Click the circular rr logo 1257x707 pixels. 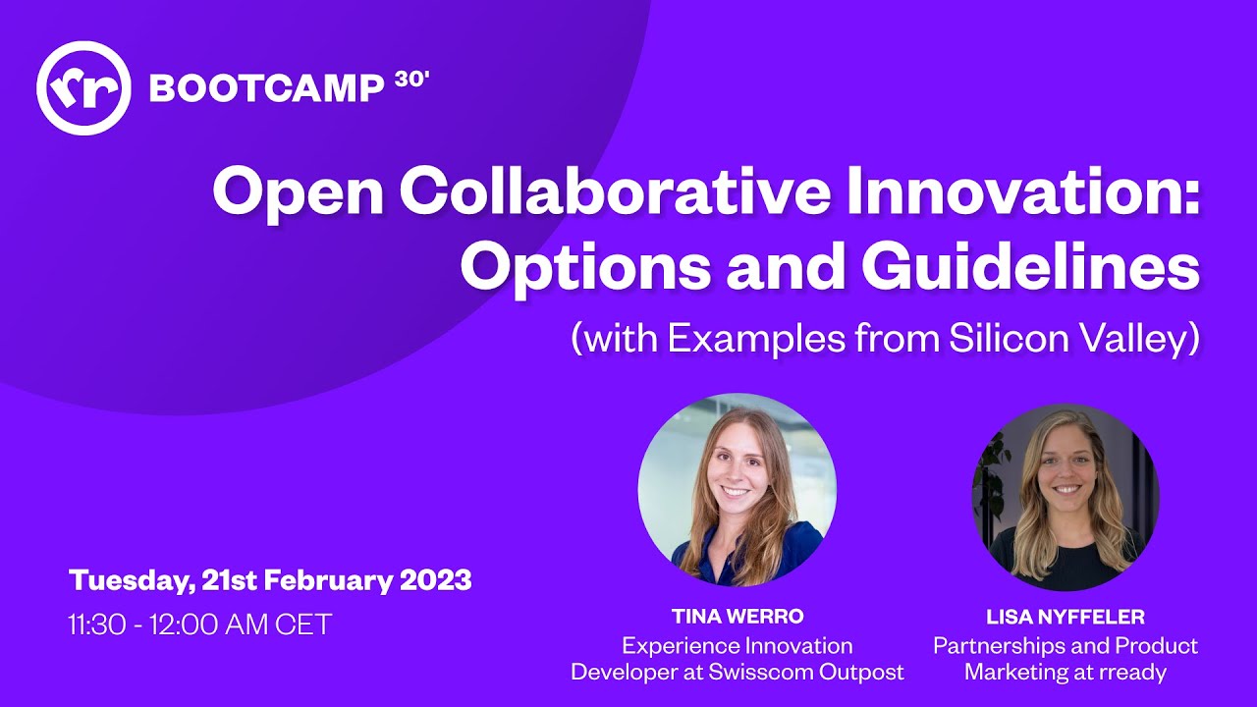[83, 88]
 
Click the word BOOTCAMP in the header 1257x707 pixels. [266, 89]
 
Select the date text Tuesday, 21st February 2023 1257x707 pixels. [270, 580]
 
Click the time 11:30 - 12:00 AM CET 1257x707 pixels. [200, 625]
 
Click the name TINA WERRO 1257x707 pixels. [738, 617]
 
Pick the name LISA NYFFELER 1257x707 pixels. [1066, 618]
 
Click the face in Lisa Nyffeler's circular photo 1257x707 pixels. [1066, 465]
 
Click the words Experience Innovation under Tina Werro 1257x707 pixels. [738, 646]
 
